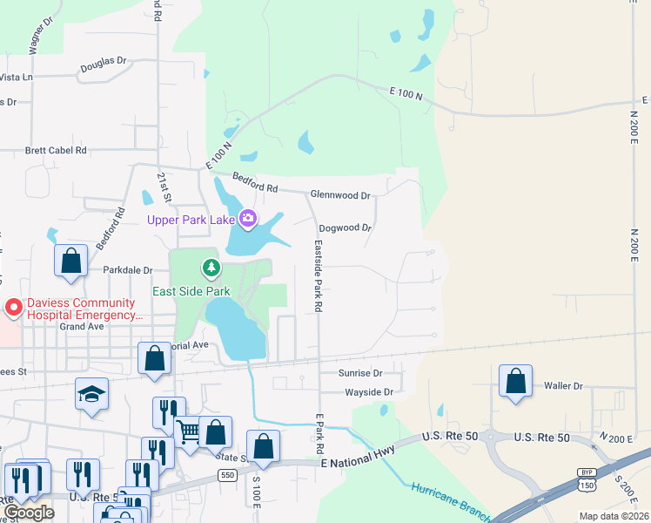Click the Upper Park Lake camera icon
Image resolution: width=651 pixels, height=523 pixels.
point(248,217)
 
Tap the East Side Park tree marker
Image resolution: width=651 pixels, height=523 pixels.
point(209,266)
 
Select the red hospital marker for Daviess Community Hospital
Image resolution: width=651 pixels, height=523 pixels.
point(13,308)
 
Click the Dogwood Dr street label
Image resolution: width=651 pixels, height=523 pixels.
point(346,228)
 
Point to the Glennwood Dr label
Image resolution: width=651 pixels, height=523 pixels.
point(342,195)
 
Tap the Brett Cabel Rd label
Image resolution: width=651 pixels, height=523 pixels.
point(57,150)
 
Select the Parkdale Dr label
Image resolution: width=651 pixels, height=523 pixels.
point(128,270)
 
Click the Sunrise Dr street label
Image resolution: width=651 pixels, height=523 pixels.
point(360,373)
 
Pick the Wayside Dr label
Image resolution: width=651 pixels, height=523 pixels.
point(370,392)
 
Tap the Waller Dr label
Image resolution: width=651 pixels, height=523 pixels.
point(562,385)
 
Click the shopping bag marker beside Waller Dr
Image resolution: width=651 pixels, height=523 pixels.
point(516,381)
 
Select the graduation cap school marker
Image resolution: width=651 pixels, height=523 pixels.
point(91,394)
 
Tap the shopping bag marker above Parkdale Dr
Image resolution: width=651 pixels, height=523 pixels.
point(70,260)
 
